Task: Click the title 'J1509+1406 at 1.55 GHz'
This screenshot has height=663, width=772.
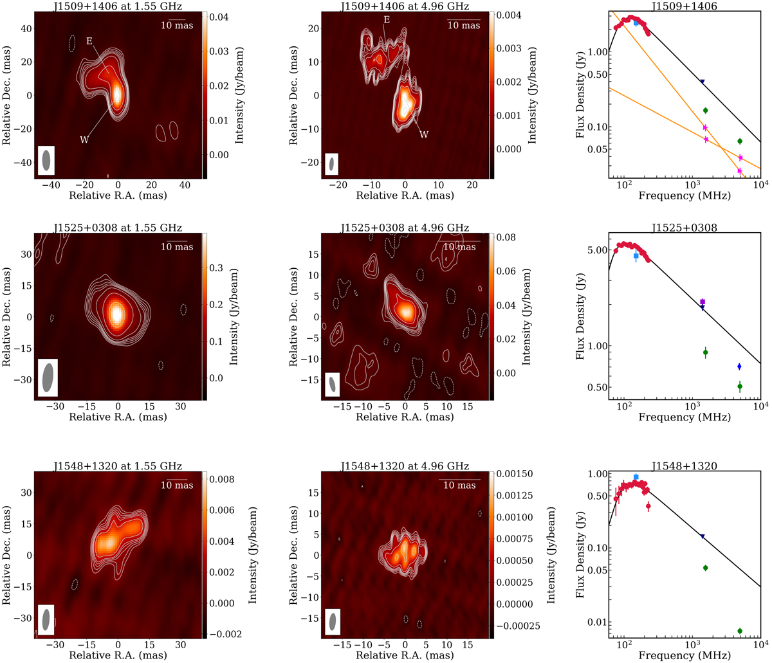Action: tap(117, 6)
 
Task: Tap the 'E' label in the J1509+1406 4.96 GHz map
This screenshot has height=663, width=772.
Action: tap(386, 20)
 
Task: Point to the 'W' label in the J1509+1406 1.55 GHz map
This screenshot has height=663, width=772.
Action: tap(84, 139)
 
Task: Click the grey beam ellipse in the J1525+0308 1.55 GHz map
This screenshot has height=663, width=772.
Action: tap(48, 377)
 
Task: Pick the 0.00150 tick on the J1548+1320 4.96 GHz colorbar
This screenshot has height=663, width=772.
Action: tap(515, 475)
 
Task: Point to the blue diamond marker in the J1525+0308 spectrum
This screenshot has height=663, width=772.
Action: tap(739, 366)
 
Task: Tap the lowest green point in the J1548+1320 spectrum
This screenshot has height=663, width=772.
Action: tap(739, 631)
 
